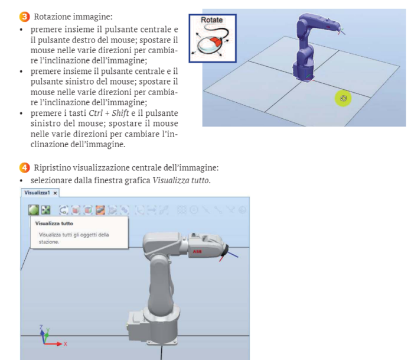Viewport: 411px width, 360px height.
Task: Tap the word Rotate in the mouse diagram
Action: (x=211, y=20)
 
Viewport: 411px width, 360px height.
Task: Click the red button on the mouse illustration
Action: (x=217, y=42)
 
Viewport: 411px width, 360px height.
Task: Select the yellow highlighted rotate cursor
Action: (x=343, y=98)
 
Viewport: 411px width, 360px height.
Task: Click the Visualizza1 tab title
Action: (x=37, y=193)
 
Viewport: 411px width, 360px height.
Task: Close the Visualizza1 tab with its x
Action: (x=55, y=193)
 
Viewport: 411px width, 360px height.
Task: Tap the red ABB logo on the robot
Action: (x=197, y=251)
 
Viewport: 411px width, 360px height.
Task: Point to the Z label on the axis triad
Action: (x=40, y=327)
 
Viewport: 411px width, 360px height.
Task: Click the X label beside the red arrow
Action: (x=66, y=343)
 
